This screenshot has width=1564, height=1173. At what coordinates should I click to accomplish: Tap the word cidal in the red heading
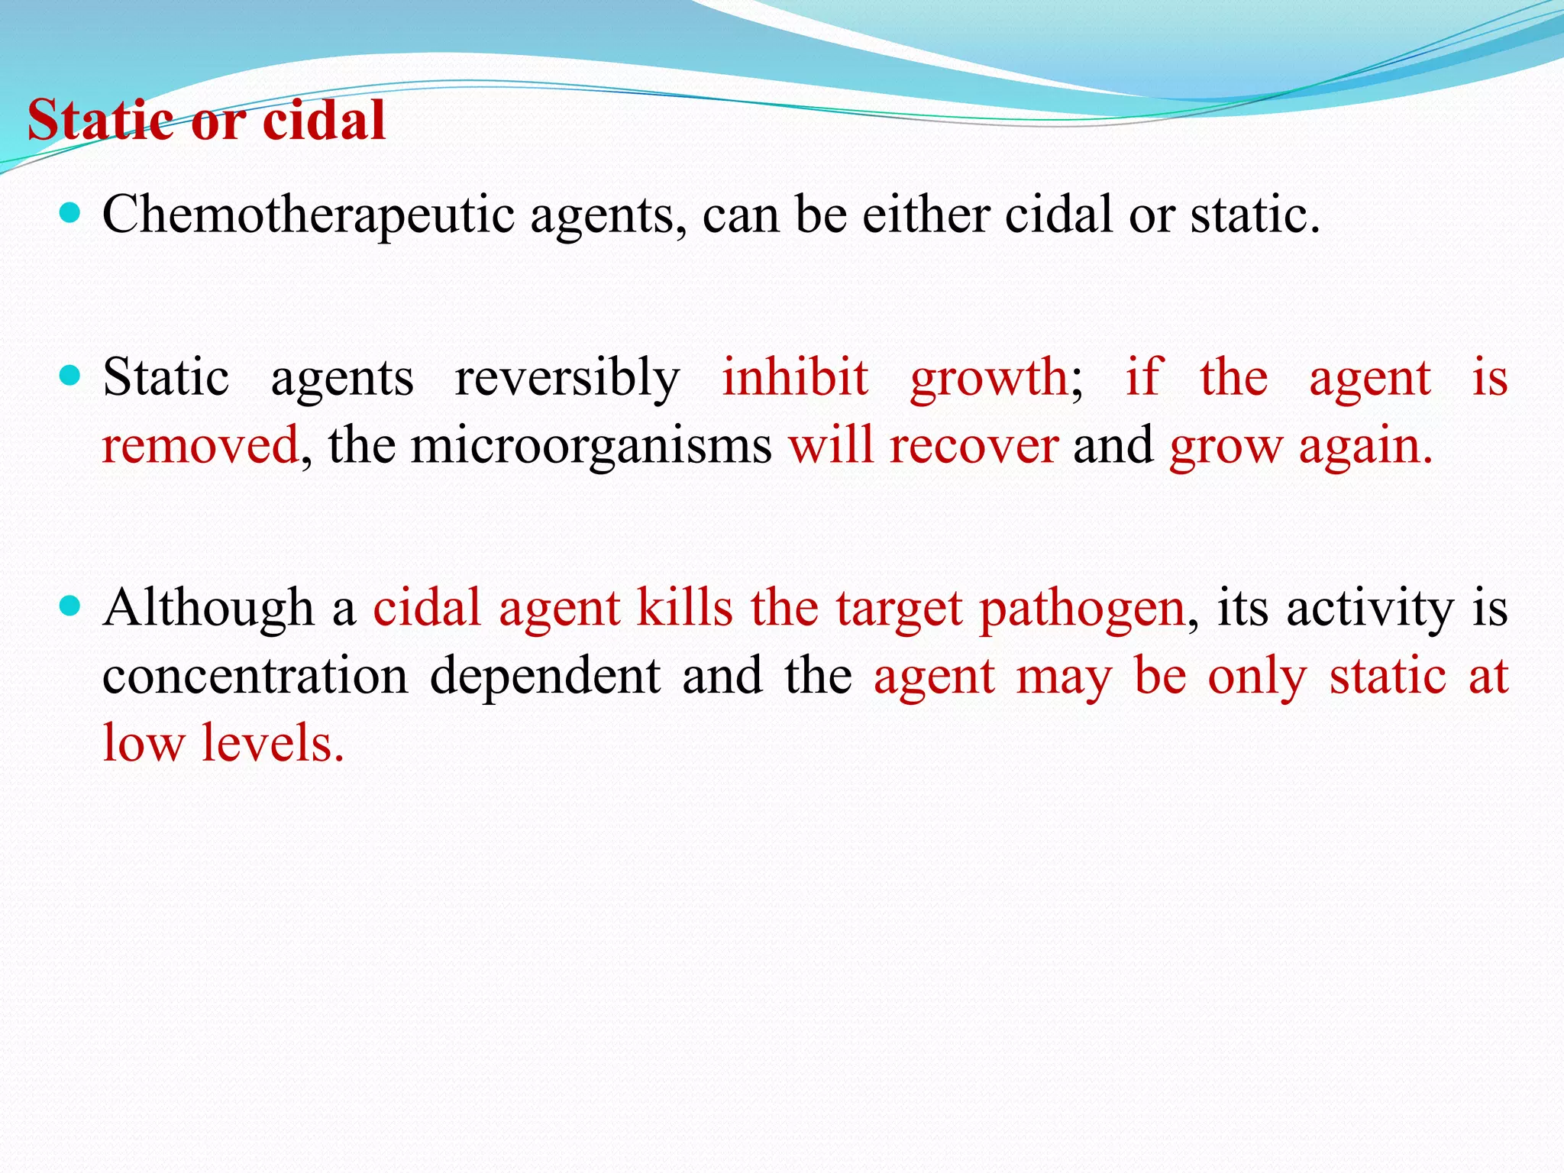324,121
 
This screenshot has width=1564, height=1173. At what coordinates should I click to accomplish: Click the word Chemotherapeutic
309,215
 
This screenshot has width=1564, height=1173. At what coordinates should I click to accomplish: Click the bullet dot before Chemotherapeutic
69,212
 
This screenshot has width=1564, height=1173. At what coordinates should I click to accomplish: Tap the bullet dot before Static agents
69,376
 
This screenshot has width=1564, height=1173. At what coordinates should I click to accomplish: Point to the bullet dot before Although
69,606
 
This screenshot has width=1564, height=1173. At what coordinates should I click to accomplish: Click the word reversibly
567,379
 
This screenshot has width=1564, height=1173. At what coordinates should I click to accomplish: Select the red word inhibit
795,377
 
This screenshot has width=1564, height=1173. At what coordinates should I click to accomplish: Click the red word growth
990,379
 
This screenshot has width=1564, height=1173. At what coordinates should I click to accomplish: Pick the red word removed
200,446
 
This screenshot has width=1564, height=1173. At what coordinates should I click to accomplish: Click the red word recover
974,446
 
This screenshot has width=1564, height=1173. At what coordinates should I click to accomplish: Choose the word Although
208,609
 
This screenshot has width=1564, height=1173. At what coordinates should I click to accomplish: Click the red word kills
685,608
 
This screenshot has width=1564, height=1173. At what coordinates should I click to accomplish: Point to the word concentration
255,677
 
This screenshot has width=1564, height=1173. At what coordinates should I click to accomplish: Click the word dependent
544,677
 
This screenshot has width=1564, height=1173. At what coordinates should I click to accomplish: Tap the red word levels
273,742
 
